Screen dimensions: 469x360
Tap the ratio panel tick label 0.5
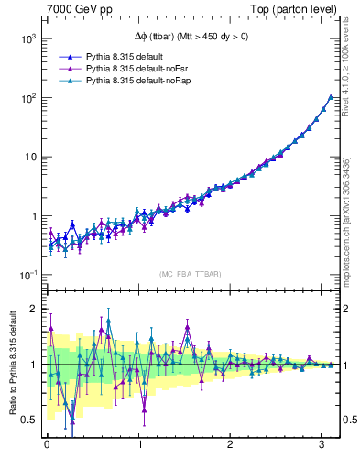[29, 420]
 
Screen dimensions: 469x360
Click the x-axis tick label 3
[322, 446]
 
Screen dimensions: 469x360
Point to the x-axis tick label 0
[46, 446]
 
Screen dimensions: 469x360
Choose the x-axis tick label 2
[230, 446]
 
